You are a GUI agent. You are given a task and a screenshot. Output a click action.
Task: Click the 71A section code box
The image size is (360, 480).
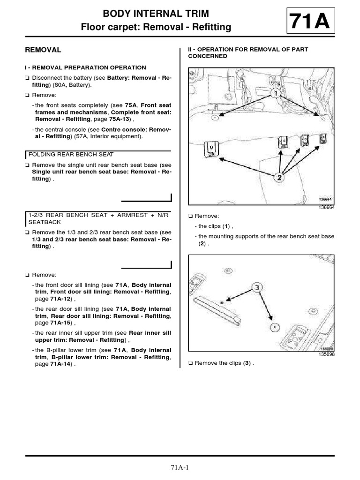click(311, 21)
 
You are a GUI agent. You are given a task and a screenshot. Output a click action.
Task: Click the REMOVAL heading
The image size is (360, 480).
click(43, 50)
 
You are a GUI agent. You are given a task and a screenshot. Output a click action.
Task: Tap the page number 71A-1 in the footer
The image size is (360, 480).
click(180, 467)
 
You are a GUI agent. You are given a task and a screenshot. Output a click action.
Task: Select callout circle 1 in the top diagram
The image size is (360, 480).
click(276, 93)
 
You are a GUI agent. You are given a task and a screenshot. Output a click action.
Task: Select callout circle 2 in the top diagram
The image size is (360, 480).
click(279, 177)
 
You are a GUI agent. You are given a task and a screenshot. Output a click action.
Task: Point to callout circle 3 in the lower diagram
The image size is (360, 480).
click(257, 287)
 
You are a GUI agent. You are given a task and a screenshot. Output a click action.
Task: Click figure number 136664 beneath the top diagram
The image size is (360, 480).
click(326, 207)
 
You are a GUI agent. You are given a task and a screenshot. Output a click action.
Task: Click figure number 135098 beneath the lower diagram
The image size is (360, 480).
click(326, 354)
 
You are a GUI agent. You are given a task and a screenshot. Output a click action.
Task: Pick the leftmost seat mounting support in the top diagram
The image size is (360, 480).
click(211, 149)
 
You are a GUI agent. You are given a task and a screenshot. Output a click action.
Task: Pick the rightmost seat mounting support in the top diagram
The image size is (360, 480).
click(323, 138)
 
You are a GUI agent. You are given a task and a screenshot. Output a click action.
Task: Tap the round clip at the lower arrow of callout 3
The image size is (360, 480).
click(275, 327)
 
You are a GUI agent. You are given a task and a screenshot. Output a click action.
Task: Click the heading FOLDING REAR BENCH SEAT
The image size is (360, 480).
click(71, 155)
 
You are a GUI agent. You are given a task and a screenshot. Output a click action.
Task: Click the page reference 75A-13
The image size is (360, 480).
click(120, 119)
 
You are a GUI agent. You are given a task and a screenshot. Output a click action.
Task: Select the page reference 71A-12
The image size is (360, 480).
click(60, 299)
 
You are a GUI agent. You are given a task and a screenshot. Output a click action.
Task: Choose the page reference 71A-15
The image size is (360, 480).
click(60, 322)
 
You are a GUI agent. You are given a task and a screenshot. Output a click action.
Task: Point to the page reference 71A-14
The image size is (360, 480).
click(60, 364)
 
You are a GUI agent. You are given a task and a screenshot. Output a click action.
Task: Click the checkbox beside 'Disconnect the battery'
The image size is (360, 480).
click(27, 78)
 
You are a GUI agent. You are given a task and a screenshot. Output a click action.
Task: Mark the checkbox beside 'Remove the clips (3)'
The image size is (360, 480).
click(190, 363)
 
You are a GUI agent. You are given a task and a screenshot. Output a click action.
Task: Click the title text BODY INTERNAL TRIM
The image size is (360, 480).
click(156, 14)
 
